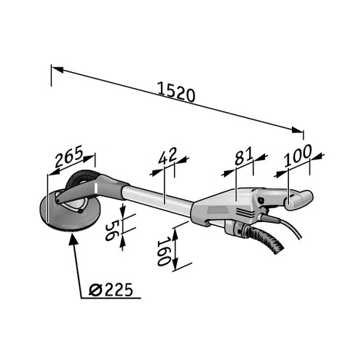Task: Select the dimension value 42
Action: pyautogui.click(x=168, y=156)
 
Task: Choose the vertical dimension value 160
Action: pyautogui.click(x=164, y=250)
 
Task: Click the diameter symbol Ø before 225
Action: pyautogui.click(x=94, y=290)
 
